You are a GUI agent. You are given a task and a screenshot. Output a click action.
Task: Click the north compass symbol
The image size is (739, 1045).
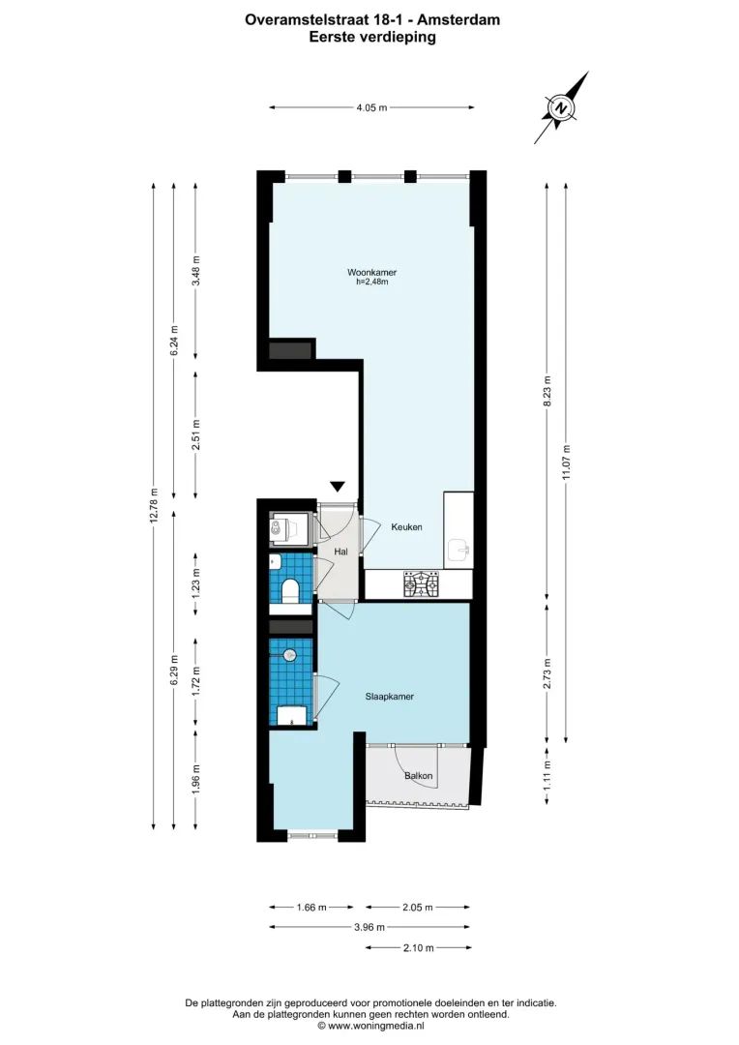(561, 108)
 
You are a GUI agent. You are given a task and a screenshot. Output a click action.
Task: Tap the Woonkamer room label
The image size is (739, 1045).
(372, 273)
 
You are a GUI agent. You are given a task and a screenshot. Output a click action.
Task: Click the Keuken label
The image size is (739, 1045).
(406, 527)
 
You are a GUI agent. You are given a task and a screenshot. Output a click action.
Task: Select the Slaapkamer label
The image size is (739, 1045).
(390, 696)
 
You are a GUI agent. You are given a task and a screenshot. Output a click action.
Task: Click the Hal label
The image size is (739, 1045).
(340, 552)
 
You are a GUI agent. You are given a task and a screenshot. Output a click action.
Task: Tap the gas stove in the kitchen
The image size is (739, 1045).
(421, 583)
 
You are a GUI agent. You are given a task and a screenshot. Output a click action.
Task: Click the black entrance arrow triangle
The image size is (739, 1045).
(338, 487)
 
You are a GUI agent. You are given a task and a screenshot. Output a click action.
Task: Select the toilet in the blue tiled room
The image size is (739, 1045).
(289, 589)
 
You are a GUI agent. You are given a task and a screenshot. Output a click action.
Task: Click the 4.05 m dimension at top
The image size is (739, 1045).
(371, 108)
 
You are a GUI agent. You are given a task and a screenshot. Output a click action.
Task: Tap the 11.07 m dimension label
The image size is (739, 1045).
(567, 463)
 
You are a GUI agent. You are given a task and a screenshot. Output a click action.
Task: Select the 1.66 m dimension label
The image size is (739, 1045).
(310, 908)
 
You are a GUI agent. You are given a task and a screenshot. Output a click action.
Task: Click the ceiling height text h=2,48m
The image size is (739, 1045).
(372, 283)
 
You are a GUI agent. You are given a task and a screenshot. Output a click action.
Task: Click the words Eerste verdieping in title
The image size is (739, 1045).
(372, 38)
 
